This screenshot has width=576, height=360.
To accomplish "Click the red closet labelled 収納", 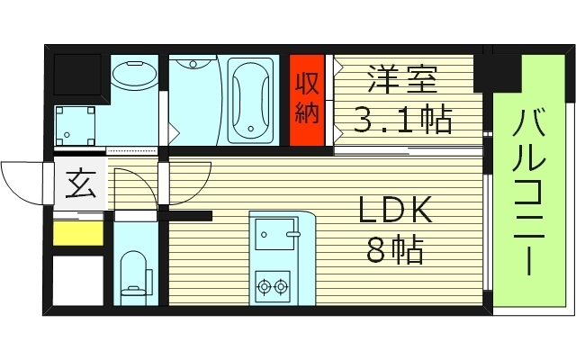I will tap(307, 101).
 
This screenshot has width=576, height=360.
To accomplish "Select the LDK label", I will tap(396, 211).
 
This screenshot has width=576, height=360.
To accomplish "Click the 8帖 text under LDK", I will tap(396, 250).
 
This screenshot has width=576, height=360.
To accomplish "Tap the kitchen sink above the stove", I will tap(274, 235).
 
